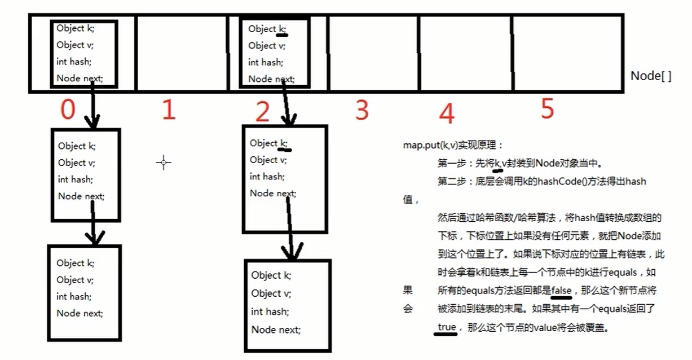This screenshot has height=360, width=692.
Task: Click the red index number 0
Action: pos(68,110)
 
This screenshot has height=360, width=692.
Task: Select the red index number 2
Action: pos(262,112)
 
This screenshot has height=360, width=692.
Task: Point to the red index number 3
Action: pos(362,110)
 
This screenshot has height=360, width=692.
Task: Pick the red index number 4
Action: pos(446,113)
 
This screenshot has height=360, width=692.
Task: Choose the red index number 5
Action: pos(547,108)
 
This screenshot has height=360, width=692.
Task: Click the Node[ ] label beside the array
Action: pos(651,76)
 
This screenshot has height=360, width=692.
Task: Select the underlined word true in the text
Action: pos(446,327)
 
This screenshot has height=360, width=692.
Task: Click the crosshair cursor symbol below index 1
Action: pos(164,163)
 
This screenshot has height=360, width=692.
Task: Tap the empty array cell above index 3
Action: pos(372,52)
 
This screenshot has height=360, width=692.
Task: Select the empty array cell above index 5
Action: pos(566,52)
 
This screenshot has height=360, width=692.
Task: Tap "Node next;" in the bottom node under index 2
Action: pos(276,330)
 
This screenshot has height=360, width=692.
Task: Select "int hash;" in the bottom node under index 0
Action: pos(73,296)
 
